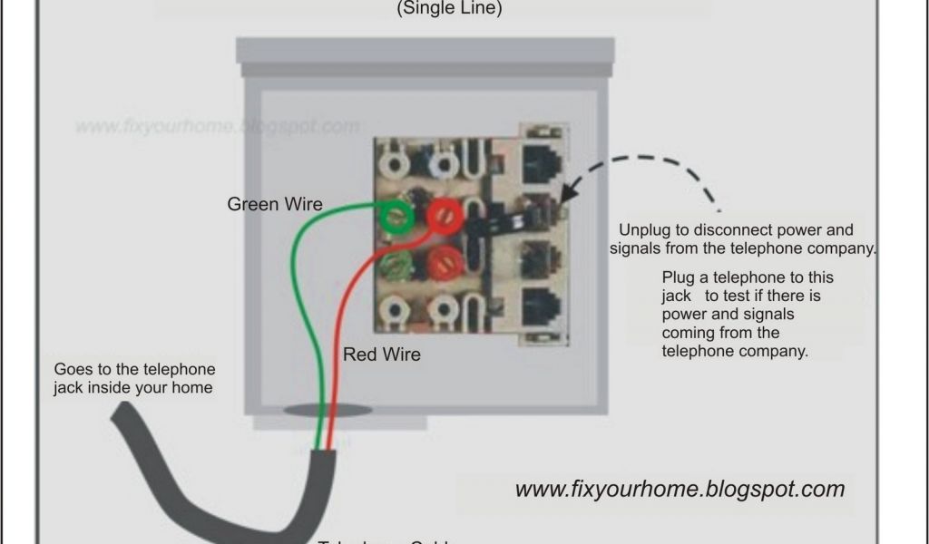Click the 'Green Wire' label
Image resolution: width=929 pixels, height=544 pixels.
[x=274, y=204]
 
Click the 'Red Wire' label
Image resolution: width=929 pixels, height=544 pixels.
[x=381, y=355]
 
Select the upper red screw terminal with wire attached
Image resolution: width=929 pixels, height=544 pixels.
[x=445, y=215]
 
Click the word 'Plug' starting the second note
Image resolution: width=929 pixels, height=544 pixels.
[x=678, y=277]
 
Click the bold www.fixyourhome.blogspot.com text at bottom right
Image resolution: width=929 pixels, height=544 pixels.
[x=680, y=490]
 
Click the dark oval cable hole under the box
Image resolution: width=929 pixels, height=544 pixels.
[x=328, y=411]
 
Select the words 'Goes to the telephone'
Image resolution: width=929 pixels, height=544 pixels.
[x=135, y=370]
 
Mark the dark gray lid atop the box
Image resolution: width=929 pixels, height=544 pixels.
[x=425, y=50]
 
